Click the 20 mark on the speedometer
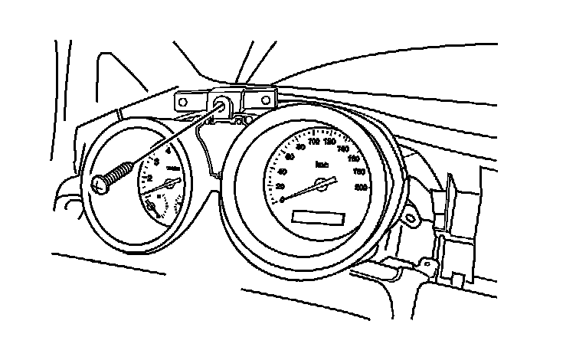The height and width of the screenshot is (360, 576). click(x=280, y=187)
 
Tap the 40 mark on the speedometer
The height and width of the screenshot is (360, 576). click(x=282, y=172)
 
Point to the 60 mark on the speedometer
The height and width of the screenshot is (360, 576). click(x=289, y=157)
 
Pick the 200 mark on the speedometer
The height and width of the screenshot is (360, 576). click(x=362, y=186)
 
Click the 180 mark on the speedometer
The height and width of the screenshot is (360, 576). click(x=360, y=172)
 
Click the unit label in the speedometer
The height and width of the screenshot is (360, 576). click(x=322, y=164)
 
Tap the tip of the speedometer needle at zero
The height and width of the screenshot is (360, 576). click(x=284, y=200)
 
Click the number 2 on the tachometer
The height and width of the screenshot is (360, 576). click(x=150, y=178)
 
